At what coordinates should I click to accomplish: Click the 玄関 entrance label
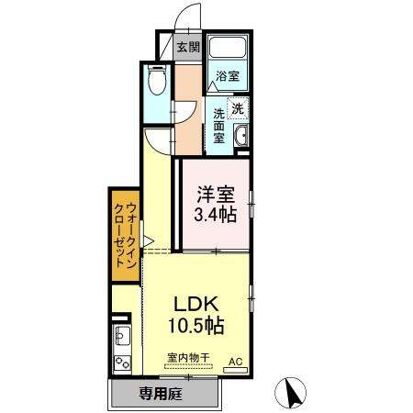(x=188, y=47)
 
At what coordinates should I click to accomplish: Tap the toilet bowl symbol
(x=157, y=80)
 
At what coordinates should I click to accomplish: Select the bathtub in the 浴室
(x=228, y=48)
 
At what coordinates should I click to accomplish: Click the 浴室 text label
(x=228, y=75)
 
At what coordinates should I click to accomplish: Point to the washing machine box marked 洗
(x=238, y=108)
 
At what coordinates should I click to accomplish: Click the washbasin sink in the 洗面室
(x=241, y=136)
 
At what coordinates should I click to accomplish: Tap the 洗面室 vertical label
(x=218, y=126)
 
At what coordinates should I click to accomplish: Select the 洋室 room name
(x=216, y=195)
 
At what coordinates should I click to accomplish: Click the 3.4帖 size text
(x=216, y=214)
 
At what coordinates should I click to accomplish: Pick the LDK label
(x=196, y=305)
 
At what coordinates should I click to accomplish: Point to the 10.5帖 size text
(x=196, y=325)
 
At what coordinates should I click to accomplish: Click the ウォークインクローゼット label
(x=125, y=235)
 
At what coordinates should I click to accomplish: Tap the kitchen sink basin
(x=122, y=335)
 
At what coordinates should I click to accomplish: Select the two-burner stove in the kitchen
(x=122, y=363)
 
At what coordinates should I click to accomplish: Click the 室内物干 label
(x=188, y=357)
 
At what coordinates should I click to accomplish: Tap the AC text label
(x=236, y=362)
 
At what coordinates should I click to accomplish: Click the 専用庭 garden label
(x=161, y=394)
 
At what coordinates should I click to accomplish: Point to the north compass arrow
(x=290, y=393)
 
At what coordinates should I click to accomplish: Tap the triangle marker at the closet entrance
(x=148, y=241)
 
